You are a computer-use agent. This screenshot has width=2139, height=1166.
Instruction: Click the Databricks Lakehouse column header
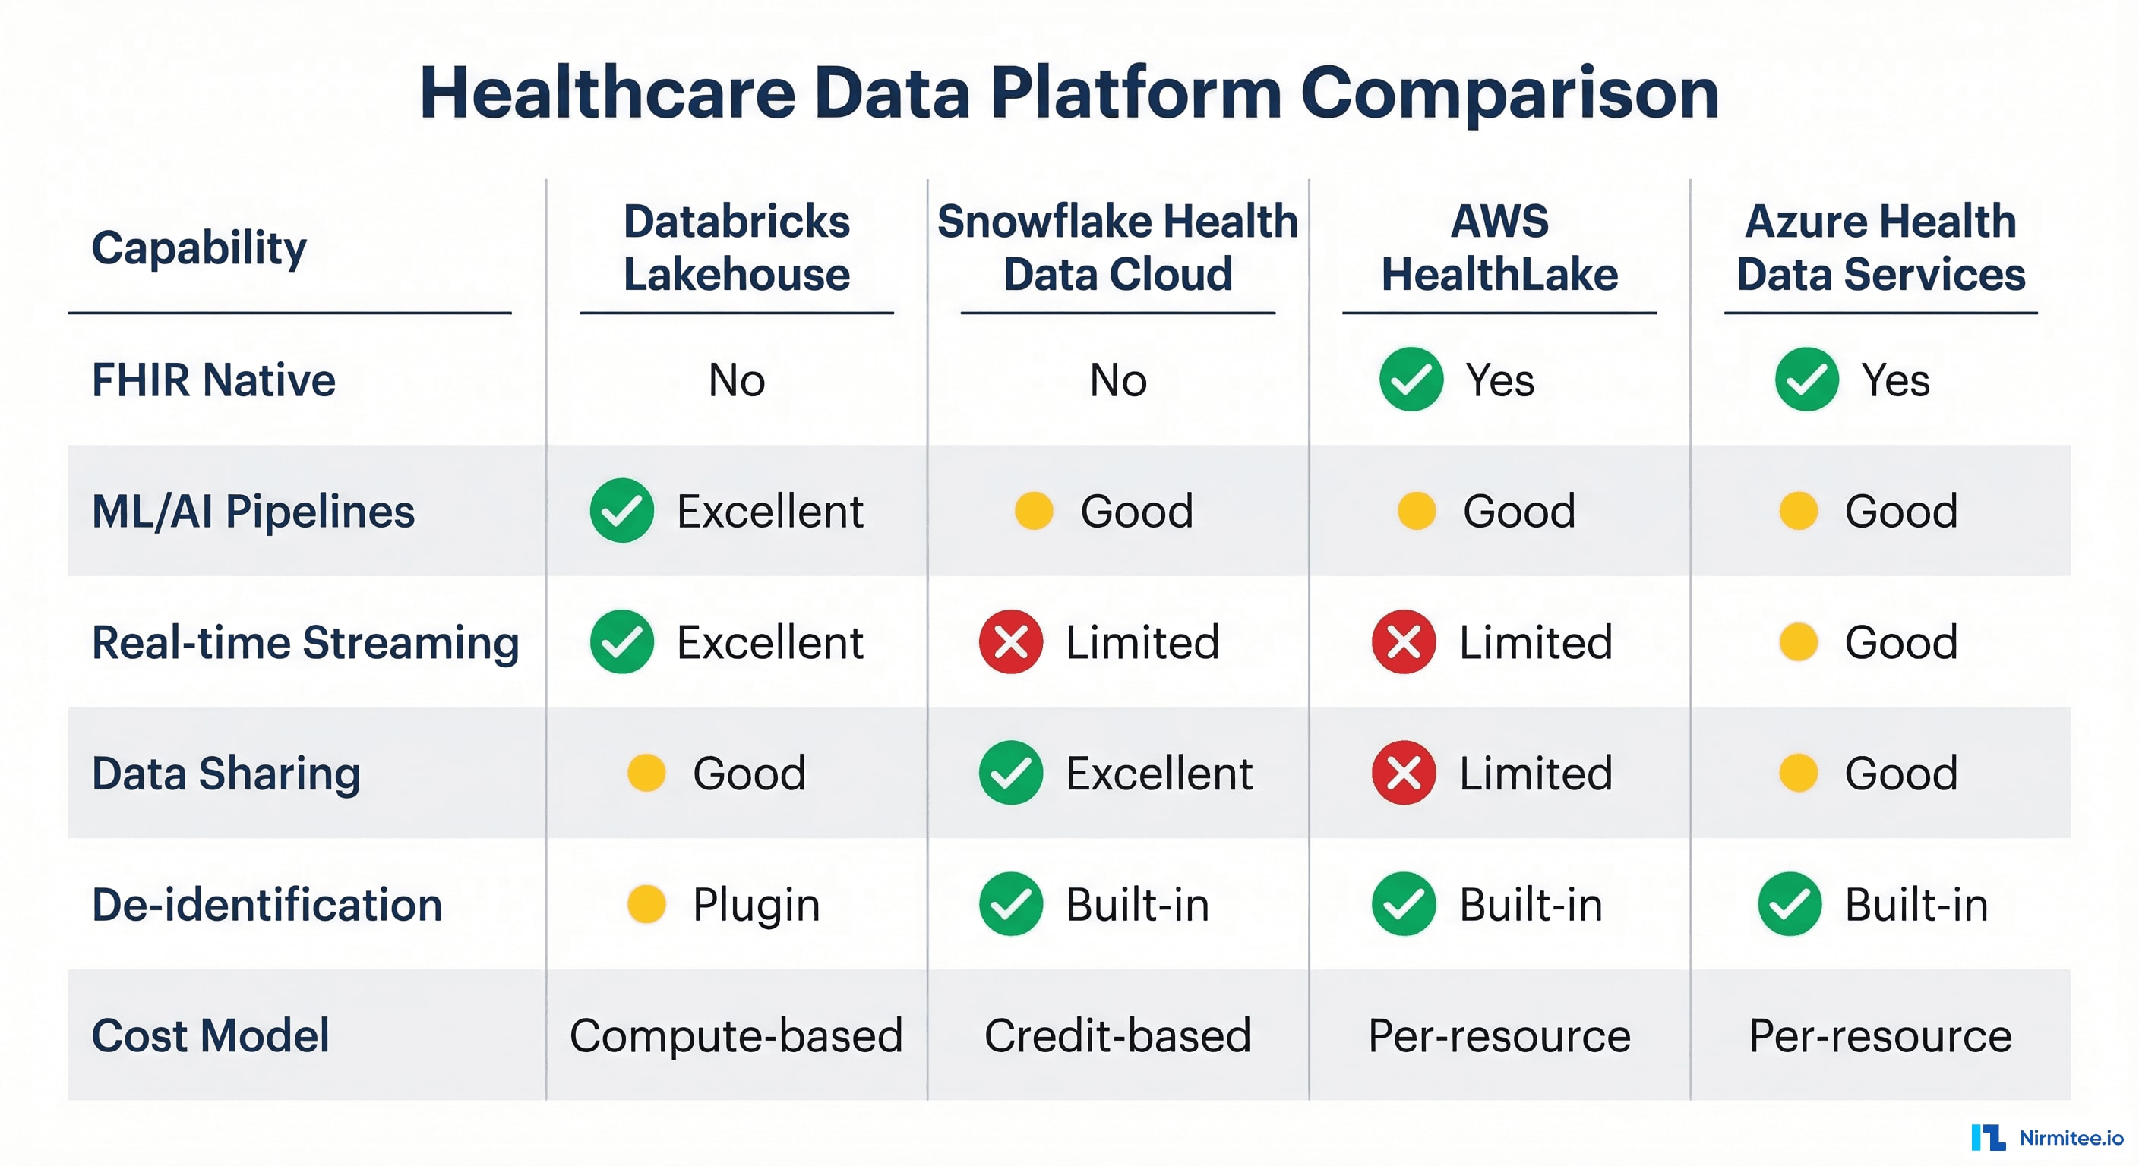pyautogui.click(x=737, y=247)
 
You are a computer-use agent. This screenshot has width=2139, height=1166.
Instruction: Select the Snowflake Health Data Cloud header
pyautogui.click(x=1117, y=247)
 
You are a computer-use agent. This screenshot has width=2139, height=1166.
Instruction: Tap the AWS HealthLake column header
pyautogui.click(x=1499, y=247)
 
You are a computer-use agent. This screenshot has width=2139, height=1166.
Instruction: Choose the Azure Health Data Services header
pyautogui.click(x=1880, y=247)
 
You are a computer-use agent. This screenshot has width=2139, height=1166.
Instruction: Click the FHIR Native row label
pyautogui.click(x=213, y=380)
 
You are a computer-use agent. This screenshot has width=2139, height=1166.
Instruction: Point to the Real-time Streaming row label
pyautogui.click(x=305, y=642)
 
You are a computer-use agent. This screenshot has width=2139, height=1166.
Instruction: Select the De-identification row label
pyautogui.click(x=267, y=905)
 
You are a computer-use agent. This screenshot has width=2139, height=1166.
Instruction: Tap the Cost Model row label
pyautogui.click(x=210, y=1035)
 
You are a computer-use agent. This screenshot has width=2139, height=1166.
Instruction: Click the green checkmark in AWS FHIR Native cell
pyautogui.click(x=1411, y=380)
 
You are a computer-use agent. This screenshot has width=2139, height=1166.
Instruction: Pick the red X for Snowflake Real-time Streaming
pyautogui.click(x=1010, y=641)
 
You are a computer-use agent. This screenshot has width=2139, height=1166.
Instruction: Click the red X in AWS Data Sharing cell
pyautogui.click(x=1403, y=773)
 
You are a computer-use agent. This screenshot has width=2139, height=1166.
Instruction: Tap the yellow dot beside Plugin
pyautogui.click(x=646, y=904)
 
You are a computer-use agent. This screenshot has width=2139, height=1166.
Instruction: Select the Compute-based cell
pyautogui.click(x=736, y=1035)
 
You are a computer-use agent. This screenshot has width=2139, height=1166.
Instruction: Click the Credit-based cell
pyautogui.click(x=1117, y=1035)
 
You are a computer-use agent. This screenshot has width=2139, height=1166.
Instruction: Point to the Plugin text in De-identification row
pyautogui.click(x=756, y=905)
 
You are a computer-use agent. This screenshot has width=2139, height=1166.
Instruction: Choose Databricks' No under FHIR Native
pyautogui.click(x=737, y=380)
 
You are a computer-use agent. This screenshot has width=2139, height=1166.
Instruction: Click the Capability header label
pyautogui.click(x=198, y=247)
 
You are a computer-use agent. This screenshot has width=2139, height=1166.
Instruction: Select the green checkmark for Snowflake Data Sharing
pyautogui.click(x=1010, y=773)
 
